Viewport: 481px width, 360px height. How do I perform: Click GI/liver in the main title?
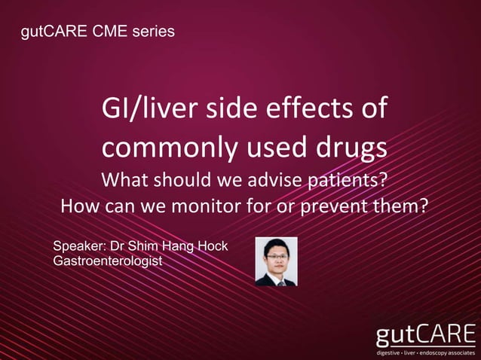[141, 110]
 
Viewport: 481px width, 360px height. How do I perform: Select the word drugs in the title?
[351, 148]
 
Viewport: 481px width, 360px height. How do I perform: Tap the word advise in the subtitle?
[284, 182]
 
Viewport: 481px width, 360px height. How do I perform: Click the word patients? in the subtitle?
[357, 182]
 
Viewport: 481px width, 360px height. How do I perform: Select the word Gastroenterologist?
[108, 261]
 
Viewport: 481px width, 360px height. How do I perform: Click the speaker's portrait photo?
[276, 261]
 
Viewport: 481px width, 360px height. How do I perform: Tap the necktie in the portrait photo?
[280, 282]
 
